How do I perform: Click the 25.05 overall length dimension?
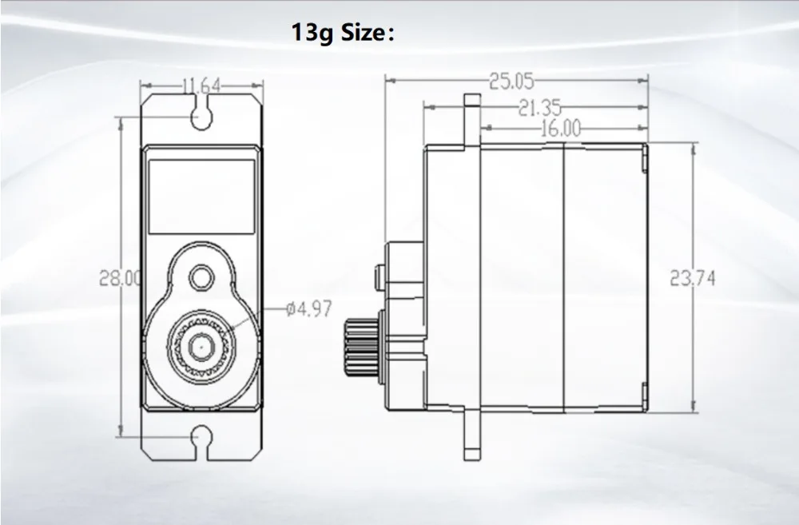click(x=511, y=80)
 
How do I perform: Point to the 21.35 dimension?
click(x=540, y=107)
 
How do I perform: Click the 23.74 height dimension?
click(x=692, y=277)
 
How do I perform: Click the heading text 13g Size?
click(x=344, y=35)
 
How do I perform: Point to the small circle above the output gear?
click(x=201, y=278)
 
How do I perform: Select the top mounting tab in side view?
click(x=472, y=120)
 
